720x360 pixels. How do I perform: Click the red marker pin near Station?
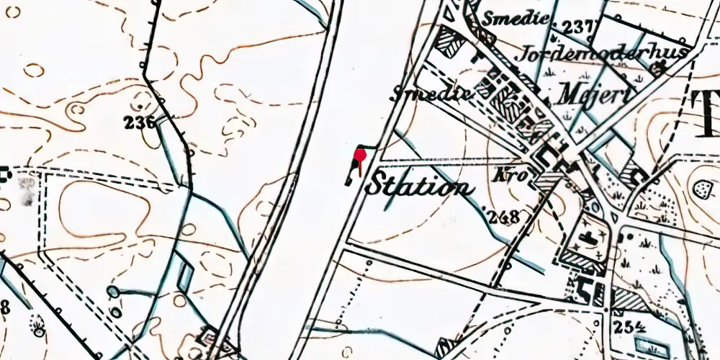[x=360, y=154]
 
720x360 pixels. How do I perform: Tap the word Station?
[x=420, y=185]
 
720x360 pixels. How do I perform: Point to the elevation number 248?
[x=503, y=216]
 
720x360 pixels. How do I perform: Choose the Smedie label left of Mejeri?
[x=432, y=94]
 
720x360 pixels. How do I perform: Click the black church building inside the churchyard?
[x=592, y=240]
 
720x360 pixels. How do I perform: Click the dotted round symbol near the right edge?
[x=701, y=189]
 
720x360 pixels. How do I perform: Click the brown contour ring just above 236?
[x=141, y=98]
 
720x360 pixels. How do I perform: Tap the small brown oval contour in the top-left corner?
[x=33, y=71]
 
